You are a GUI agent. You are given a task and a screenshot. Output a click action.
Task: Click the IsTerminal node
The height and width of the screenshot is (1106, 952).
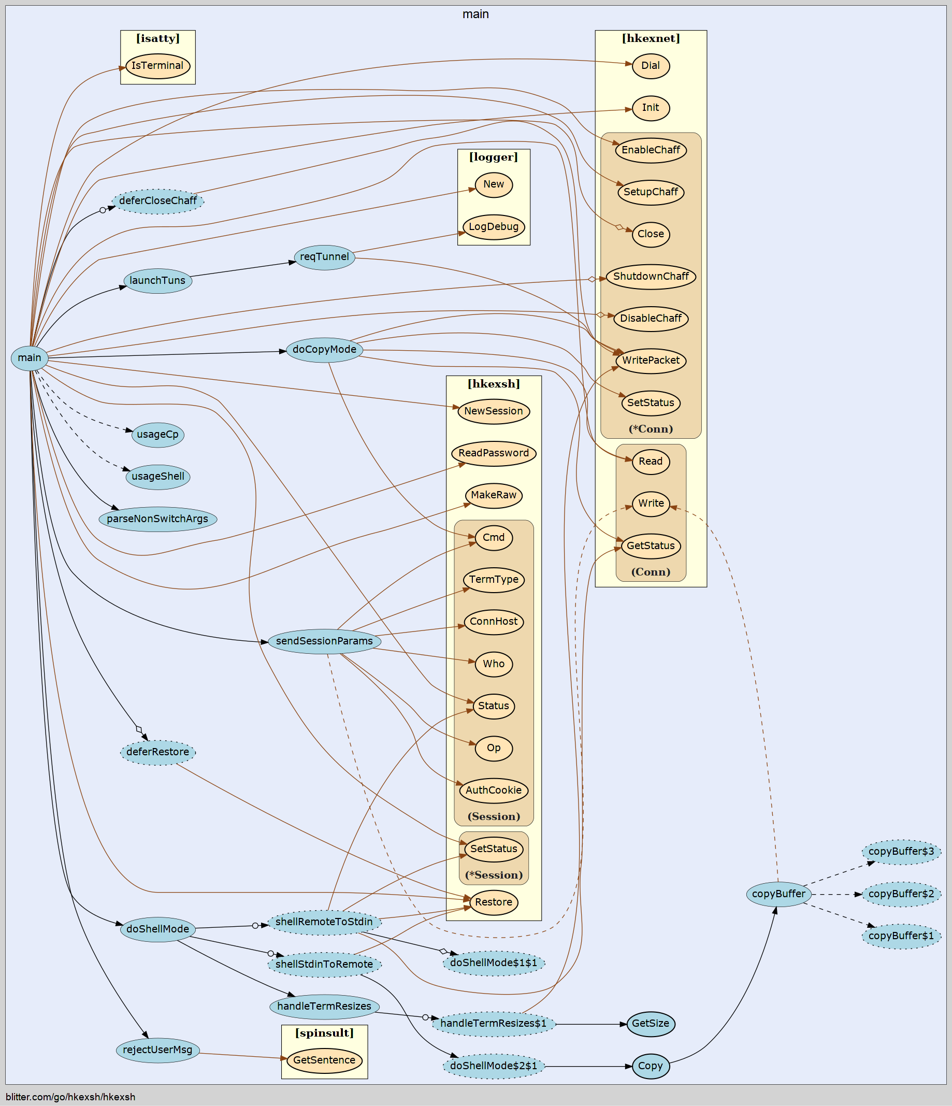[157, 66]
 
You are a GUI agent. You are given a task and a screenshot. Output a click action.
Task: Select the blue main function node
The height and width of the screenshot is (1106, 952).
[30, 357]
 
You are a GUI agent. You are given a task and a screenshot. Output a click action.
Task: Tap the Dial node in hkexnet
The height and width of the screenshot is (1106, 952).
[651, 66]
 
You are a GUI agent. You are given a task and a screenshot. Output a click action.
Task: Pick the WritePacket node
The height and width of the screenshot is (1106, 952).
[651, 361]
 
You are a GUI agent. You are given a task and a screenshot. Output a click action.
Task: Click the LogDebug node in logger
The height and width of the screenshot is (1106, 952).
[494, 227]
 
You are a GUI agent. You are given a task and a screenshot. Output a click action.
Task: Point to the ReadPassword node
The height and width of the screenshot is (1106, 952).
[494, 453]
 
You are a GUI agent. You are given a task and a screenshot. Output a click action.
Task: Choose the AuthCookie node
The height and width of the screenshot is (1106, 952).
[494, 790]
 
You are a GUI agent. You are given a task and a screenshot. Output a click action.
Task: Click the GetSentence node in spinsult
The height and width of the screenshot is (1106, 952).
[324, 1060]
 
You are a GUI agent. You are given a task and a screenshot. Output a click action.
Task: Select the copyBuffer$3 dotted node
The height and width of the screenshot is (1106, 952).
[901, 851]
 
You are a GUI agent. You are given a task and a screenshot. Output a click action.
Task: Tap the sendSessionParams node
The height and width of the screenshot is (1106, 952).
[324, 641]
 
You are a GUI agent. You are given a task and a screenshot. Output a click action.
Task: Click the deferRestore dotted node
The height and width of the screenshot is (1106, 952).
[158, 752]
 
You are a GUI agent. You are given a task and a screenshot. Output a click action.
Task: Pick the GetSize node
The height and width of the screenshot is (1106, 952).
[651, 1024]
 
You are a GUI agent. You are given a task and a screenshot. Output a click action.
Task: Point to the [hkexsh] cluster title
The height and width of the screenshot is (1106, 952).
[494, 384]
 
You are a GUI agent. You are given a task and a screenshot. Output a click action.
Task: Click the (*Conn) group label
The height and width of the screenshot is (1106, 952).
[651, 428]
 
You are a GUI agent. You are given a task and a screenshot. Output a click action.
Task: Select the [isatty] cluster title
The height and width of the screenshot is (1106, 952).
[157, 38]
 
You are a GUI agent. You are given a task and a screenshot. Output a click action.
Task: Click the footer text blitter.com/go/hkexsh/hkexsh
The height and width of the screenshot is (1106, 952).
[70, 1097]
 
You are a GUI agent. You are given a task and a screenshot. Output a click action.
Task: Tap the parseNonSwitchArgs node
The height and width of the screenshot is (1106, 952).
[157, 519]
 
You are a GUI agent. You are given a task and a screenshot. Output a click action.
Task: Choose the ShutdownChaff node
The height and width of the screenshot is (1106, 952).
[651, 277]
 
